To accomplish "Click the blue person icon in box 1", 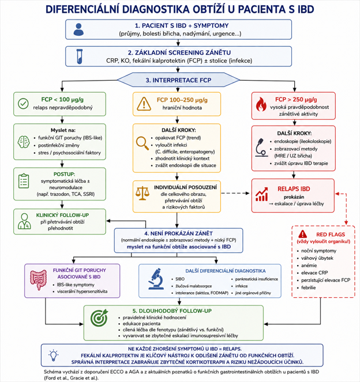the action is (x=78, y=29).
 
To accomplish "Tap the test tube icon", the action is (x=80, y=56).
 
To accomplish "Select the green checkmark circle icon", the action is (x=23, y=104).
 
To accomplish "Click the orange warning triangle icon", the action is (x=144, y=104).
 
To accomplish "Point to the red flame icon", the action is (x=261, y=104).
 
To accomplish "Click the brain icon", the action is (x=24, y=142).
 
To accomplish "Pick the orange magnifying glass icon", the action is (x=142, y=143).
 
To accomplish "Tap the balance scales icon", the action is (x=142, y=194).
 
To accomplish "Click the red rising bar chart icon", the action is (x=262, y=194).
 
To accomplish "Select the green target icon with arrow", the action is (x=99, y=317).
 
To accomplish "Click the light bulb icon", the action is (x=54, y=355).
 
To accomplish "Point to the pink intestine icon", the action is (x=38, y=279).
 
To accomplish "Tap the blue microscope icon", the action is (x=156, y=279).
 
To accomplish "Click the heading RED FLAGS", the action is (x=331, y=235).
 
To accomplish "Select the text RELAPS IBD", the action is (x=294, y=189).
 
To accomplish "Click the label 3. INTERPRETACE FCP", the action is (x=178, y=80).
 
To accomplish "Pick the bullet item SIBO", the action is (x=180, y=279).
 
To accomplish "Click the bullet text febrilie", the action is (x=308, y=288).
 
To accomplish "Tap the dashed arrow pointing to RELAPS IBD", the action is (x=235, y=193).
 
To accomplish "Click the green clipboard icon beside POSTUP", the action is (x=24, y=181).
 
